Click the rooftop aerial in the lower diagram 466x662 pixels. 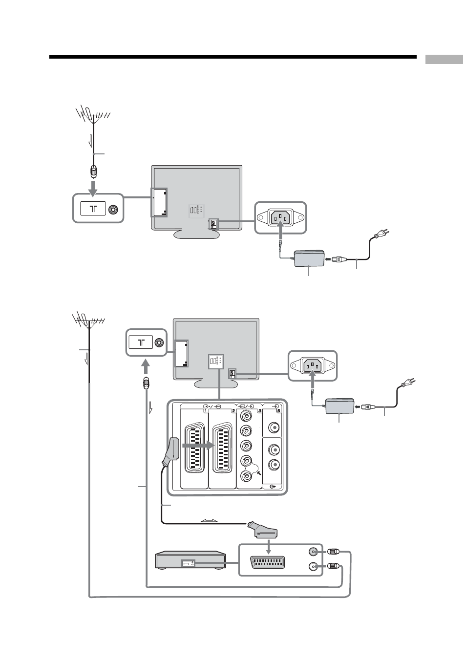tap(88, 320)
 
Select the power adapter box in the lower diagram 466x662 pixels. tap(339, 406)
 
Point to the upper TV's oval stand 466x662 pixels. tap(196, 234)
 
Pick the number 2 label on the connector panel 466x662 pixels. tap(233, 410)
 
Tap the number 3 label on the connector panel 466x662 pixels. tap(260, 410)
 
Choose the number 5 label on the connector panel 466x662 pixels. tap(278, 410)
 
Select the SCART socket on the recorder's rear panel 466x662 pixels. tap(268, 563)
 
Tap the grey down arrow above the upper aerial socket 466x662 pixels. tap(93, 189)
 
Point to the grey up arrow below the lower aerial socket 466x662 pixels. tap(146, 368)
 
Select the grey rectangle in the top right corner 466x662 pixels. tap(444, 59)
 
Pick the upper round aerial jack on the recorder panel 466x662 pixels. tap(313, 552)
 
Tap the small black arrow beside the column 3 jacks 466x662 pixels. tap(259, 473)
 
